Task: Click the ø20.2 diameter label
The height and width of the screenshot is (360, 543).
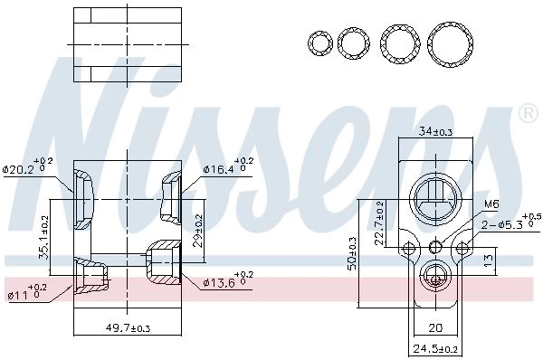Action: tap(27, 166)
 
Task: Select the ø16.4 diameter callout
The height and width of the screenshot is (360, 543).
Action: tap(229, 166)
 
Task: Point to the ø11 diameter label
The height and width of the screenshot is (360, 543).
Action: tap(28, 292)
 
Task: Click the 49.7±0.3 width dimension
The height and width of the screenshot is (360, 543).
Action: tap(128, 327)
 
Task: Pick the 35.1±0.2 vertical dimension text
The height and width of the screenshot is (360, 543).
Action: tap(44, 237)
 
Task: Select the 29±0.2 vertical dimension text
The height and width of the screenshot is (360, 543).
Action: tap(198, 231)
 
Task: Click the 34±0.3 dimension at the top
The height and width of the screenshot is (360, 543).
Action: tap(435, 131)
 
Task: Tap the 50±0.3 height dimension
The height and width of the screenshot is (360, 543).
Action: tap(352, 253)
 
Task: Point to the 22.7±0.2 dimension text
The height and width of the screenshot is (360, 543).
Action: tap(379, 223)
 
